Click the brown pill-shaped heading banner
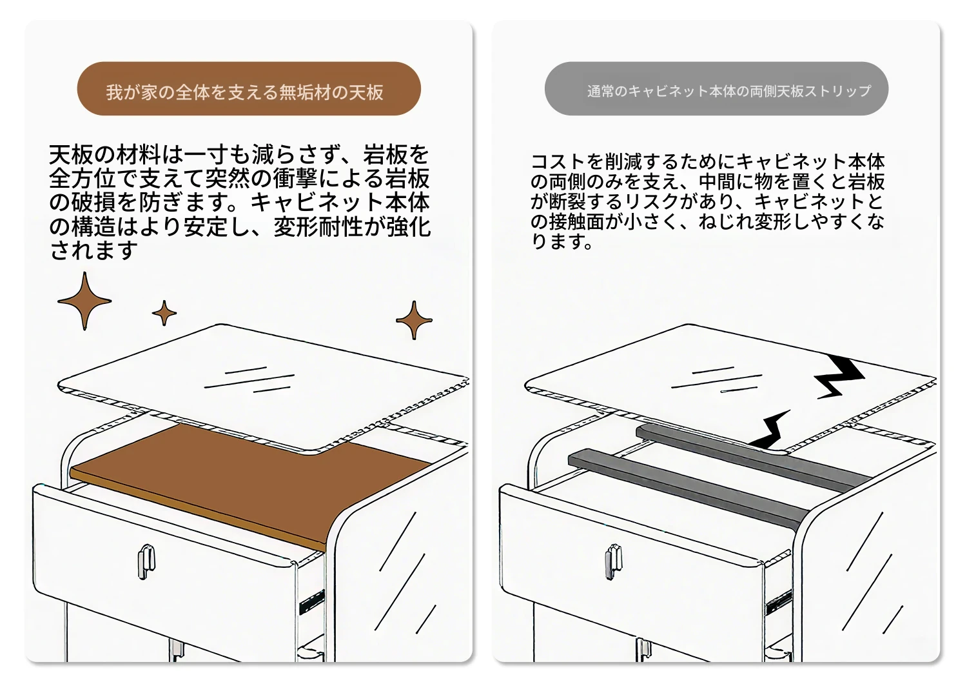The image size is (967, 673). point(249,88)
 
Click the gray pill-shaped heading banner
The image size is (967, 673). point(716,88)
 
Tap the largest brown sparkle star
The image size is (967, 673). point(84,301)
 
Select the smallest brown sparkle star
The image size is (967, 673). point(164,313)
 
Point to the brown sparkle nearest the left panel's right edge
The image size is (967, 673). point(414,320)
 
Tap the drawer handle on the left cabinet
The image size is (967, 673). point(146,561)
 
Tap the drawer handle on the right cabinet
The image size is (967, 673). point(614,561)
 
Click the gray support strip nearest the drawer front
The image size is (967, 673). point(688,490)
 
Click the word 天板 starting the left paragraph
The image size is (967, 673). point(70,155)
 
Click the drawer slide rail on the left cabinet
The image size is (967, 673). point(311,601)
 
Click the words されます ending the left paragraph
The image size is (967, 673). point(93,250)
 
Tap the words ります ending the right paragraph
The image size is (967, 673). point(562,241)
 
